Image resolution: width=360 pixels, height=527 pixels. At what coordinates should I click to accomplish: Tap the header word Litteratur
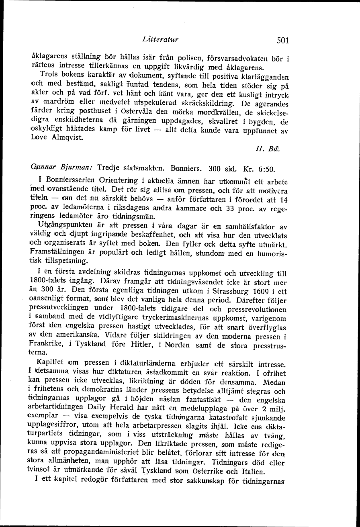coord(160,39)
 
